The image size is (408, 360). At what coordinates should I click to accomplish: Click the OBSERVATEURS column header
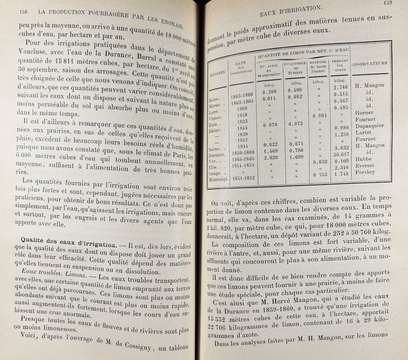point(369,64)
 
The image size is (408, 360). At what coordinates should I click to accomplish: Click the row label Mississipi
point(219,179)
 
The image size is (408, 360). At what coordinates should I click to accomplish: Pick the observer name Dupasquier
point(370,126)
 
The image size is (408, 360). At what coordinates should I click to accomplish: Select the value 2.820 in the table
point(270,159)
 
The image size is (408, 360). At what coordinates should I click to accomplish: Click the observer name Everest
point(365,165)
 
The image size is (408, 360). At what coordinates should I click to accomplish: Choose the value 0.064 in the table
point(320,116)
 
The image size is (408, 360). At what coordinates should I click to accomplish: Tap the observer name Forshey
point(365,172)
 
